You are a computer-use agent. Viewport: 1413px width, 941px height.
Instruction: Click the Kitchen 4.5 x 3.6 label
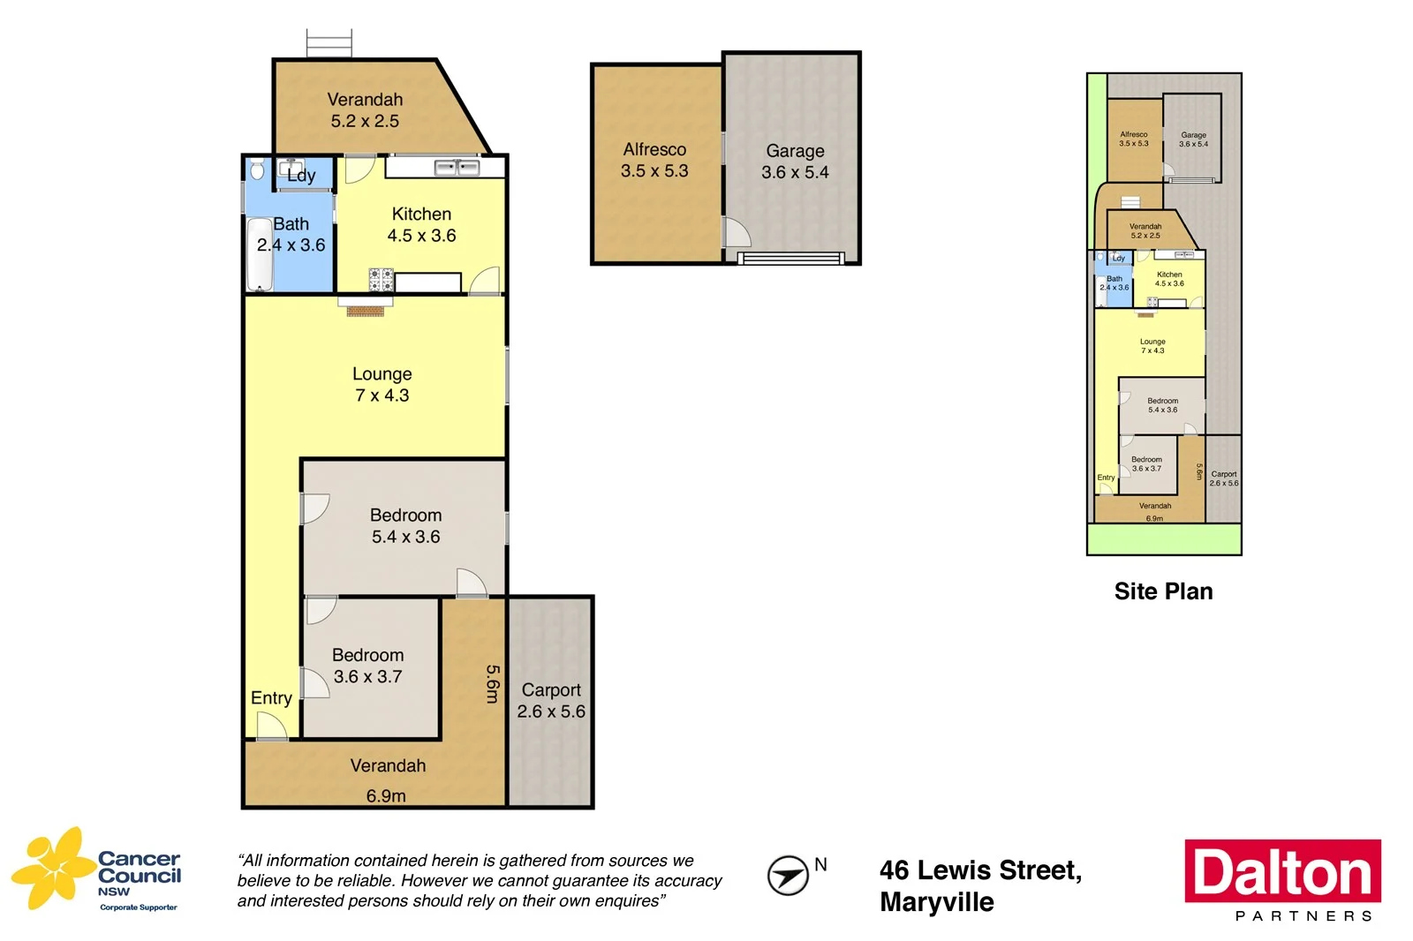(421, 225)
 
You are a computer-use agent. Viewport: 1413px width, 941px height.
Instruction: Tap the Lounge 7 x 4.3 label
(382, 385)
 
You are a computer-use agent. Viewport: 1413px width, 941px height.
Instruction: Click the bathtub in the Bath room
(260, 255)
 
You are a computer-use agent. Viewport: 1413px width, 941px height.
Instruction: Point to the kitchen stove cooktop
(381, 280)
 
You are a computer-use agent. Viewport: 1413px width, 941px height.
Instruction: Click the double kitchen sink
(457, 167)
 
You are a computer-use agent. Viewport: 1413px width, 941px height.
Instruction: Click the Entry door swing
(271, 726)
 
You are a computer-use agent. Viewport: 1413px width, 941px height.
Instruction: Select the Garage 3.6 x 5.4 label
(795, 162)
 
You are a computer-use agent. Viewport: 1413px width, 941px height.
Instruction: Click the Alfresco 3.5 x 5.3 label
(654, 160)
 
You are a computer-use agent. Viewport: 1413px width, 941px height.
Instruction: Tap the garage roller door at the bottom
(790, 259)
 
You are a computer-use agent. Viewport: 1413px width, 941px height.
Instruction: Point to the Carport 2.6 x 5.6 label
(551, 701)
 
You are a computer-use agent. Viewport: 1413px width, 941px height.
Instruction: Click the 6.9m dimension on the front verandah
(386, 796)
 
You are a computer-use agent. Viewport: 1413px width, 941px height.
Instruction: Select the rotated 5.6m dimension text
(493, 684)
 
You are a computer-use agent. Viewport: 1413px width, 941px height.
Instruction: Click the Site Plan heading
(1163, 591)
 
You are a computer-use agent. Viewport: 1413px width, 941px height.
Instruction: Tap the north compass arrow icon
(787, 876)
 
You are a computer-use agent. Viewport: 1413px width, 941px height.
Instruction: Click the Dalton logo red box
(1282, 870)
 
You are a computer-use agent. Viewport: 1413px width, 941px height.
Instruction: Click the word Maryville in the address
(936, 902)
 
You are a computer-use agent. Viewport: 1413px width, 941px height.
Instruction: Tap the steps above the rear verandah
(329, 43)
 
